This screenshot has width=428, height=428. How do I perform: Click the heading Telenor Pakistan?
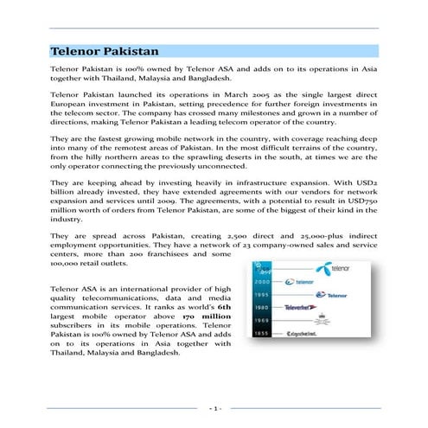104,52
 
